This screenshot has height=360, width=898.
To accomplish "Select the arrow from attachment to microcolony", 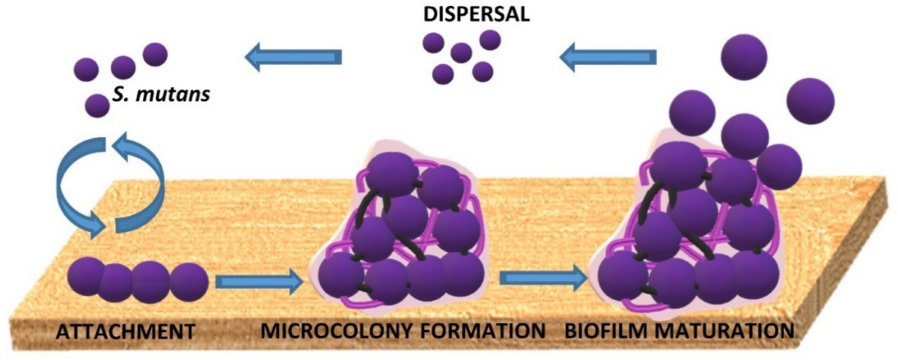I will (258, 281).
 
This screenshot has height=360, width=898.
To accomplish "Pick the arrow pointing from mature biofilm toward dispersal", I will (610, 56).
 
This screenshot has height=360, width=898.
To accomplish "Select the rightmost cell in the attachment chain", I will (188, 281).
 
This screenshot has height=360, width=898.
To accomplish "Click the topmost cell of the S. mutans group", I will (155, 54).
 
